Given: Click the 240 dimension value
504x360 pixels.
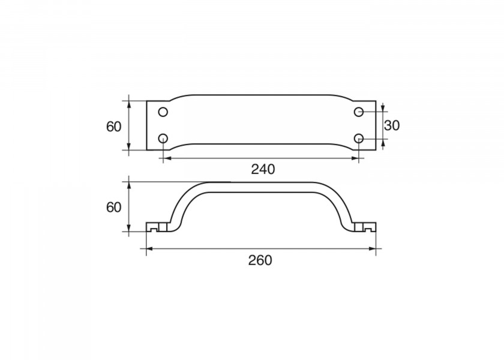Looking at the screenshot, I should tap(262, 169).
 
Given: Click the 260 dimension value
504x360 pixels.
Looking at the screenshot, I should tap(260, 260).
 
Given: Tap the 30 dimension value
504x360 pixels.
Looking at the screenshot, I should tap(392, 125).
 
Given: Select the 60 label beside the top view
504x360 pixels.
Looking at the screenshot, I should tap(113, 127).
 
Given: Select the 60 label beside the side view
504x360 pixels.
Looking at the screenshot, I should tap(113, 207).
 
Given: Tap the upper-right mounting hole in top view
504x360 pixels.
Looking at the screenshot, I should tap(359, 112).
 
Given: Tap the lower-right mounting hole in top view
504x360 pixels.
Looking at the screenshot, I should tap(359, 139).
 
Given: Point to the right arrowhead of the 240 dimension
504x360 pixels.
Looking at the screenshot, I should tap(355, 158).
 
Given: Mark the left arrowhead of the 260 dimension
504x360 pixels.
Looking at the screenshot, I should tap(150, 248).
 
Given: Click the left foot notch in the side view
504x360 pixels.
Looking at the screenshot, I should tap(155, 229).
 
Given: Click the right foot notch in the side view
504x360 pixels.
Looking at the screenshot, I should tap(367, 229).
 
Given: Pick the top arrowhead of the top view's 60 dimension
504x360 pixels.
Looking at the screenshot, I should tap(129, 103).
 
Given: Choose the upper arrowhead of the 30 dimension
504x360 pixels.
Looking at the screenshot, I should tap(383, 110).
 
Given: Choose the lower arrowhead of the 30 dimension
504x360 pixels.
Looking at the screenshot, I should tap(383, 142).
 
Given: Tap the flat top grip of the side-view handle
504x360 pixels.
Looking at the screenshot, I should tap(261, 187).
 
